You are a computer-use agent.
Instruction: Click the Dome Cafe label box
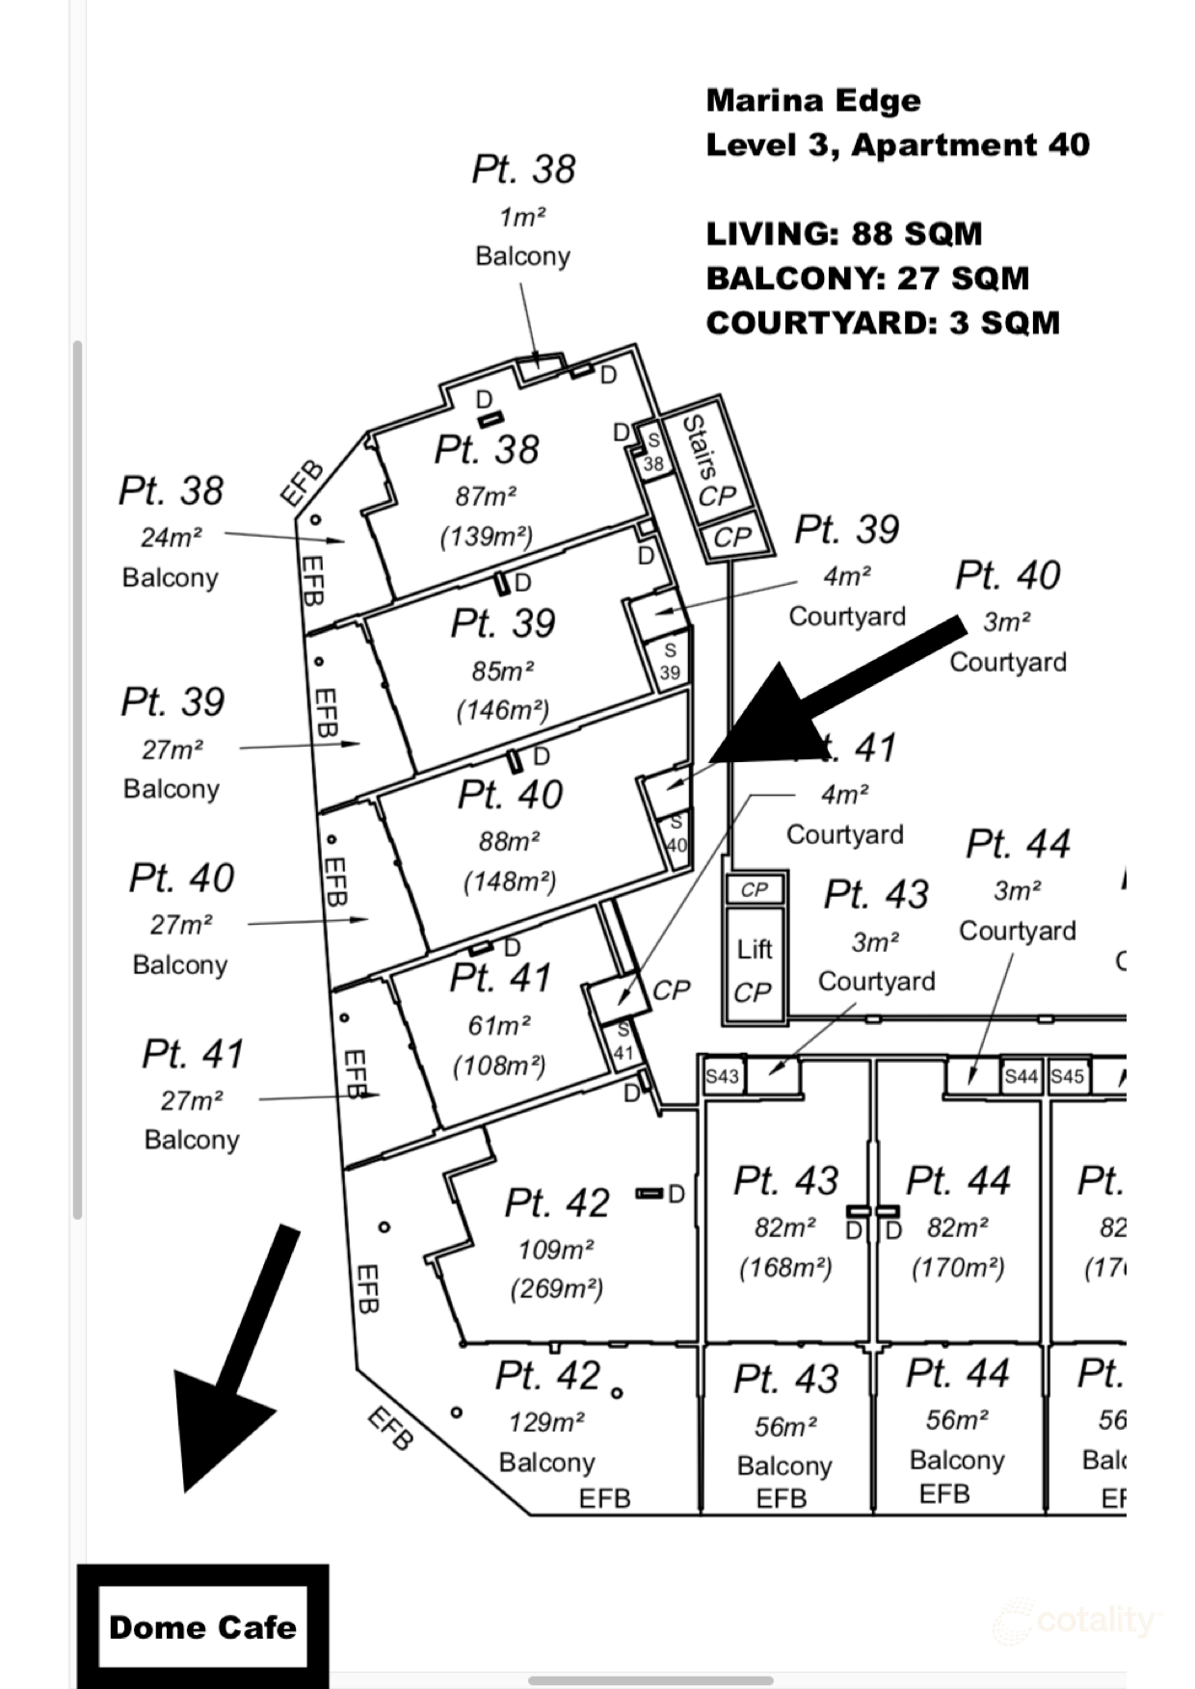coord(202,1627)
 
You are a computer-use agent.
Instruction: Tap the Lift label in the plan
coord(755,950)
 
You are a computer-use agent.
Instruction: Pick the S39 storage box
coord(670,662)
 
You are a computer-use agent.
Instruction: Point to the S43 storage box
coord(722,1076)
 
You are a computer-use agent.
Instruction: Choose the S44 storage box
coord(1021,1076)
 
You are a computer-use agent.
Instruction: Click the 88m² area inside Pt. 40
coord(509,841)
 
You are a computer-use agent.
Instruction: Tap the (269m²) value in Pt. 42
coord(557,1288)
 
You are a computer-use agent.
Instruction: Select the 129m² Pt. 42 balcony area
coord(547,1422)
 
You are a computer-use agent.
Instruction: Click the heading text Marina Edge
coord(813,100)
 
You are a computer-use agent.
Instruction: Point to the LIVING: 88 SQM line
coord(844,233)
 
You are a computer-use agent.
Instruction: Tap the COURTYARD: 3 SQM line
coord(883,322)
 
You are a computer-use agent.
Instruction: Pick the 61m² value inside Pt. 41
coord(499,1026)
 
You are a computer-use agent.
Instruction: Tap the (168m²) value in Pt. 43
coord(785,1267)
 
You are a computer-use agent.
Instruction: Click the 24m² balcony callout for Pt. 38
coord(172,537)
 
